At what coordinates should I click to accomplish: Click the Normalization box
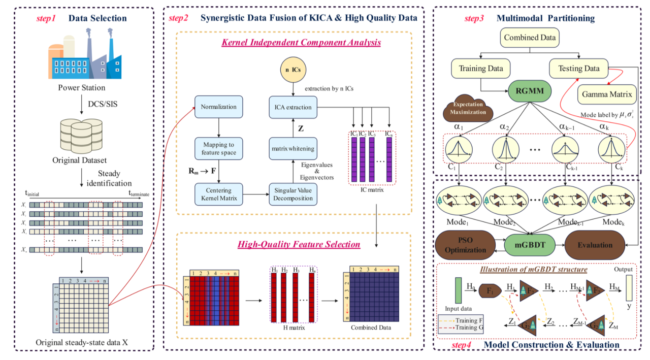pos(218,107)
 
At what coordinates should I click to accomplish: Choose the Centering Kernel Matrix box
pos(218,194)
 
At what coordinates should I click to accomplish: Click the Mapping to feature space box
pos(218,149)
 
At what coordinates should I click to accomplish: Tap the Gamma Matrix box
pos(607,94)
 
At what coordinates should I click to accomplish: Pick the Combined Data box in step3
pos(529,37)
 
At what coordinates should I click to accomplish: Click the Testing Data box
pos(578,68)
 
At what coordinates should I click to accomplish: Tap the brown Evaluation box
pos(595,245)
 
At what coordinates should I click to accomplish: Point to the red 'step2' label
pos(179,18)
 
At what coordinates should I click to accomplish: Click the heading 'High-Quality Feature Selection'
pos(299,244)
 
